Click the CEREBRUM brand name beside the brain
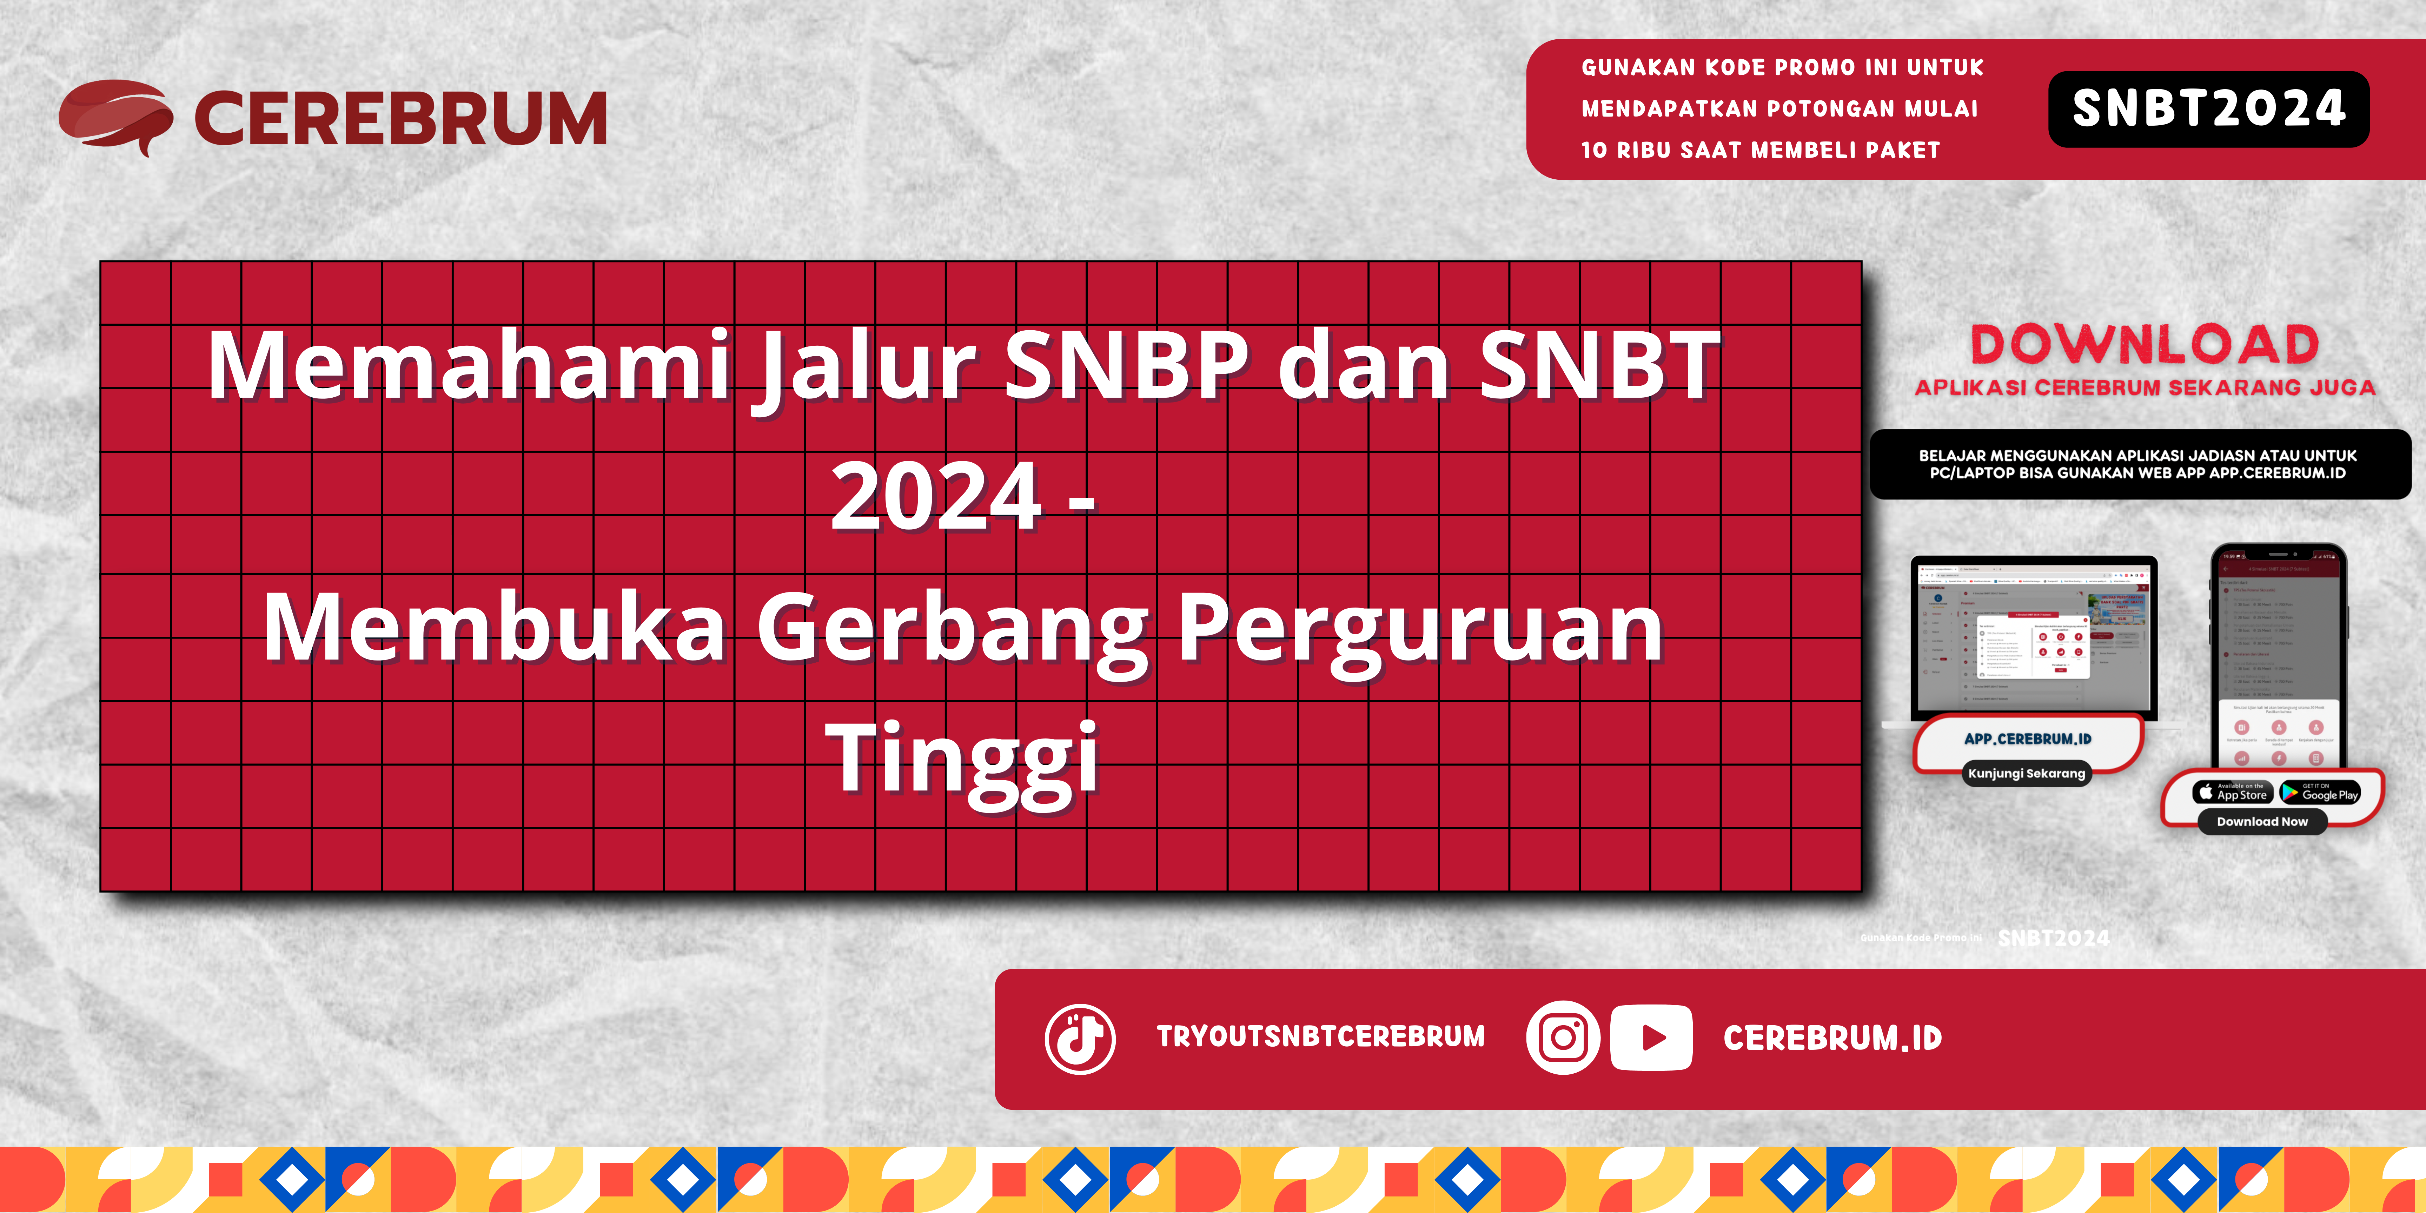click(x=400, y=119)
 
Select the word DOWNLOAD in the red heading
click(x=2145, y=345)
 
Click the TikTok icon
click(x=1080, y=1039)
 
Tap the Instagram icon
click(x=1562, y=1038)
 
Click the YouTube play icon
click(x=1651, y=1038)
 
